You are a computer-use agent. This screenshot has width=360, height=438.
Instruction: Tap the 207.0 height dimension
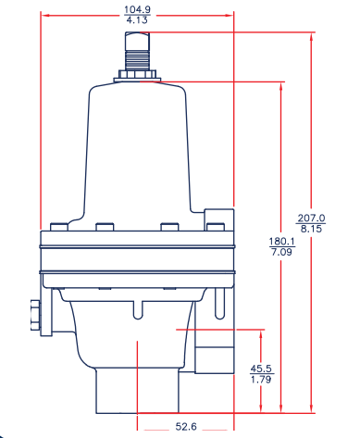pos(311,219)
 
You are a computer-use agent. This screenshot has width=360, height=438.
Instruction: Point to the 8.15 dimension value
pos(311,230)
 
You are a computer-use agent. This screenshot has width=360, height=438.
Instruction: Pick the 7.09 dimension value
pos(280,252)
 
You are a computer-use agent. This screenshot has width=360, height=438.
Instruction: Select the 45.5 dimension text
pos(262,369)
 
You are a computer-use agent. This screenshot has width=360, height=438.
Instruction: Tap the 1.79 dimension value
pos(262,380)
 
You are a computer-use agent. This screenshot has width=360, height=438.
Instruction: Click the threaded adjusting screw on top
pos(138,50)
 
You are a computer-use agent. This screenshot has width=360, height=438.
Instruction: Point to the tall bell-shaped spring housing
pos(139,153)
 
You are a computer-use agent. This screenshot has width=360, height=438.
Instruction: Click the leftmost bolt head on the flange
pos(60,228)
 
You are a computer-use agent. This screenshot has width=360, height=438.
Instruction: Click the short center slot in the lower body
pos(138,310)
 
